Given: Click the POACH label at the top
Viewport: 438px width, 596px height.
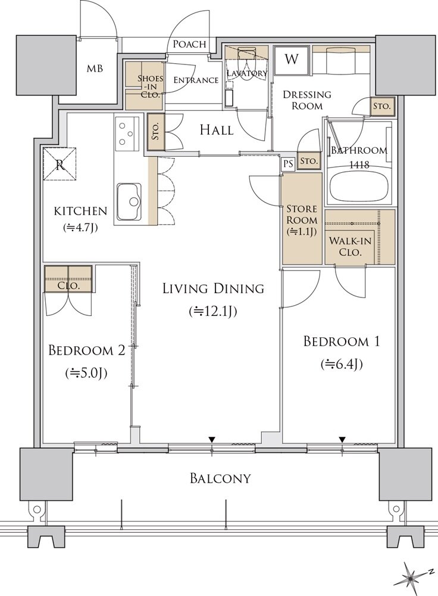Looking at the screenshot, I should point(190,44).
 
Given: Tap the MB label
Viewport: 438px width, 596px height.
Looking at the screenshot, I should point(95,69).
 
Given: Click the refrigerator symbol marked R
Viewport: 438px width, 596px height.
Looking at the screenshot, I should point(60,164).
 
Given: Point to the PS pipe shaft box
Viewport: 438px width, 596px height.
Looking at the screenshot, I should point(288,163).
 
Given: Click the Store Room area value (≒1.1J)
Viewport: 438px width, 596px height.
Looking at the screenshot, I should point(302,232).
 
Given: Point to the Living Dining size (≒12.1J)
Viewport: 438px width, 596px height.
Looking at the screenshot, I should point(214,311).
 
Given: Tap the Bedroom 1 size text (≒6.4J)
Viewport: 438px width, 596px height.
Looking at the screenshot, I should point(342,364).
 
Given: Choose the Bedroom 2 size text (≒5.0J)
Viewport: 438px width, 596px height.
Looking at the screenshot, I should point(86,374).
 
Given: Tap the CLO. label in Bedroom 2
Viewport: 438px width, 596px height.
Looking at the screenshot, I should point(68,285).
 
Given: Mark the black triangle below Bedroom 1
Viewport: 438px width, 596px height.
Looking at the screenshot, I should point(342,440).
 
